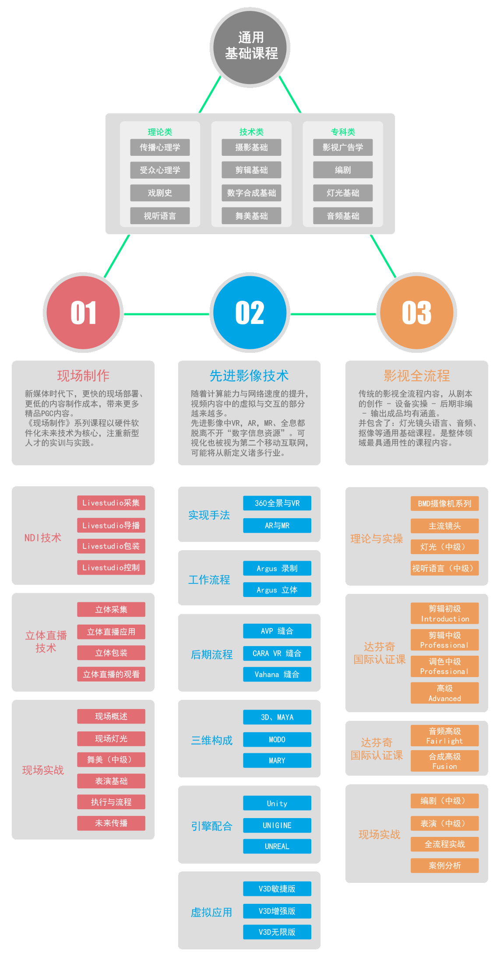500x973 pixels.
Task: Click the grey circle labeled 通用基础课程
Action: coord(250,47)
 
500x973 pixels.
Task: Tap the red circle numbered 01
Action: coord(83,313)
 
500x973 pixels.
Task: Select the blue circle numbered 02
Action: coord(250,313)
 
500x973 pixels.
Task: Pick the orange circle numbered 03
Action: coord(416,313)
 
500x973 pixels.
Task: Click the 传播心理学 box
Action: coord(160,148)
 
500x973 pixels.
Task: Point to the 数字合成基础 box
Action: coord(251,193)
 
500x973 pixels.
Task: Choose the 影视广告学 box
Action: coord(343,148)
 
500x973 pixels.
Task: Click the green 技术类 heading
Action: coord(251,132)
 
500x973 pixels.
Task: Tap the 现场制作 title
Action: coord(83,376)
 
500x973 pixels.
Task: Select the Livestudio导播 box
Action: coord(111,525)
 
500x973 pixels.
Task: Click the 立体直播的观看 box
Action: coord(111,674)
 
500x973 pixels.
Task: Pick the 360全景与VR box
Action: coord(277,503)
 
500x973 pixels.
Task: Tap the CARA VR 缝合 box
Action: coord(277,653)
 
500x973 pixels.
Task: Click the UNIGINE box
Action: coord(277,825)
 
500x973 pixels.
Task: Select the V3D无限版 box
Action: coord(277,932)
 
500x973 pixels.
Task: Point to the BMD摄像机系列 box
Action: coord(444,504)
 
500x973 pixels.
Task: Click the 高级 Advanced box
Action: coord(444,693)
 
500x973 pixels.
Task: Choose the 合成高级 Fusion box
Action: coord(444,761)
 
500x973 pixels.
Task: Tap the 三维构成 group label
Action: coord(211,741)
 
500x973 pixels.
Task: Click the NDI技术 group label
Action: coord(43,538)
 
